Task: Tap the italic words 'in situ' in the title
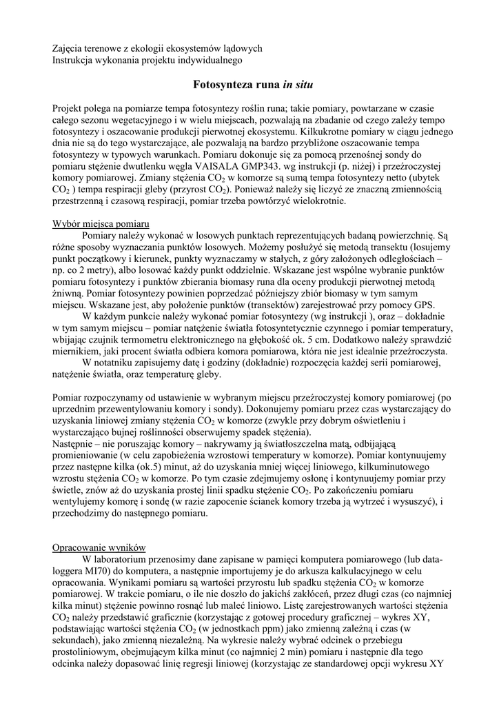click(x=297, y=85)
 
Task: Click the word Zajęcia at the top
click(x=70, y=48)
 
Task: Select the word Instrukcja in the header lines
click(x=77, y=60)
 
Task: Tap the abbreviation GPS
click(x=422, y=304)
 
